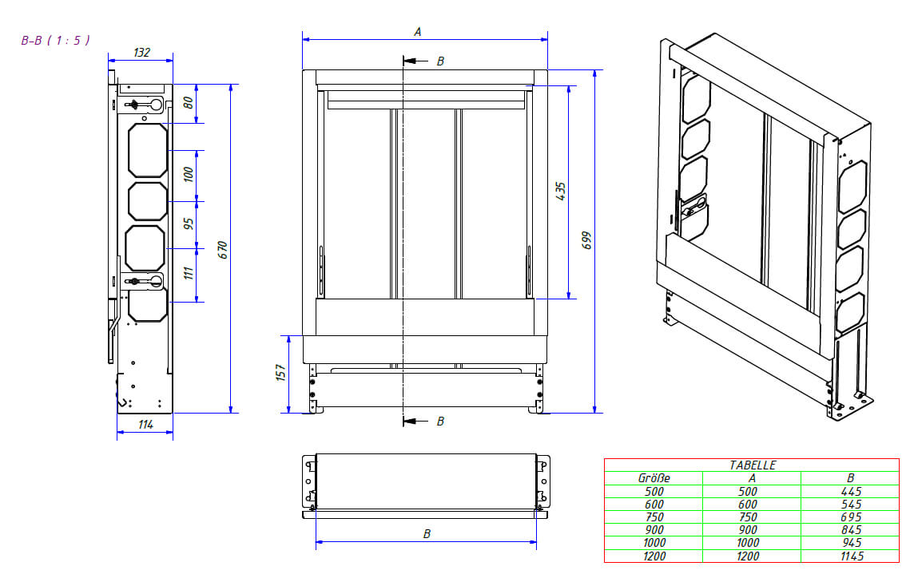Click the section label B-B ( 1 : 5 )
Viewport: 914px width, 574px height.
55,40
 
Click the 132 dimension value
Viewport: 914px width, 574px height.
141,53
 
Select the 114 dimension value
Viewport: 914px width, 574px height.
145,425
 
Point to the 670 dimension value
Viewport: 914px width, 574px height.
224,249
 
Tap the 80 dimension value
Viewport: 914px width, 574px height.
189,103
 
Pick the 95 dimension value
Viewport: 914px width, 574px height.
189,223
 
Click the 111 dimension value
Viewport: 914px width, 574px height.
189,272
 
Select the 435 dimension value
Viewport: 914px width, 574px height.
561,191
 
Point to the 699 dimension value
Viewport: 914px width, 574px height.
586,240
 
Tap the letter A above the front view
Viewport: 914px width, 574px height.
417,32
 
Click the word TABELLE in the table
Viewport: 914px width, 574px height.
753,465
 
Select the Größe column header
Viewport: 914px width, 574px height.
654,478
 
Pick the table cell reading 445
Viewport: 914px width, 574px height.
851,492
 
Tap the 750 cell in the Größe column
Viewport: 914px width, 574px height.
654,517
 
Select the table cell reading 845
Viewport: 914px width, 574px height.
851,530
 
